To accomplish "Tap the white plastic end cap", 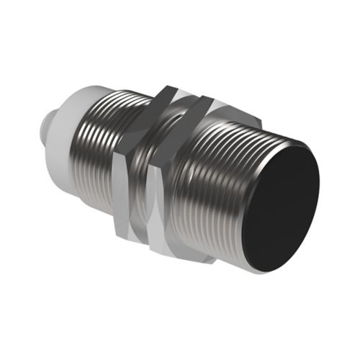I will [72, 126].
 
